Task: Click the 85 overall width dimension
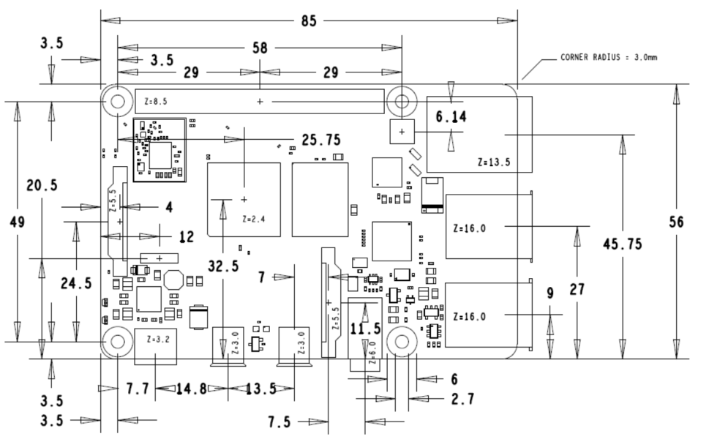tap(309, 20)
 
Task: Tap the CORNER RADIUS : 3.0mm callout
tap(609, 57)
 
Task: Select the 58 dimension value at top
tap(260, 48)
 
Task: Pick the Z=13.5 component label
tap(492, 162)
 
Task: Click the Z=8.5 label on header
tap(155, 101)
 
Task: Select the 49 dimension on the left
tap(15, 222)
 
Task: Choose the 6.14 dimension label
tap(451, 116)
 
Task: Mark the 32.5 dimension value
tap(222, 266)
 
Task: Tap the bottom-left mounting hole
tap(116, 341)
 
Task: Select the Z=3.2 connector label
tap(158, 340)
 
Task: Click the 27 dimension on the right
tap(577, 289)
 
